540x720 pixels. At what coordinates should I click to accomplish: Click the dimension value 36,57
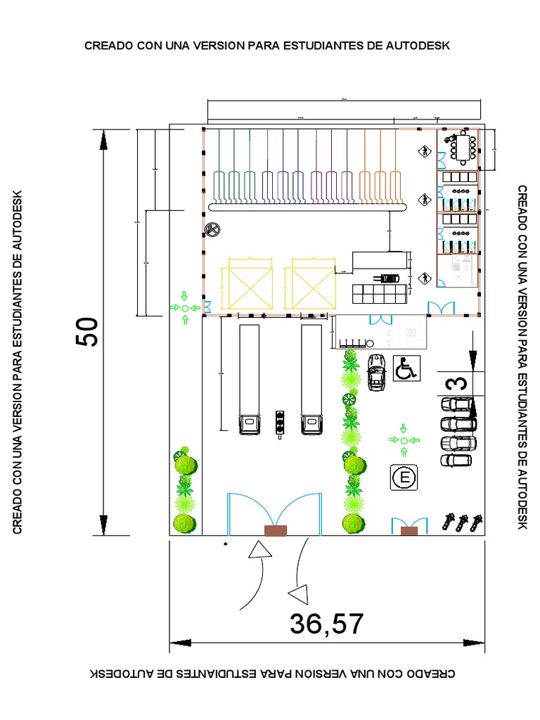click(326, 624)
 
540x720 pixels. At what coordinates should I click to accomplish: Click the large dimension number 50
click(89, 331)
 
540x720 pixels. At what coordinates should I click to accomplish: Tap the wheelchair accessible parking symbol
click(406, 368)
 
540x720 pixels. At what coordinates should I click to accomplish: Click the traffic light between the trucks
click(281, 423)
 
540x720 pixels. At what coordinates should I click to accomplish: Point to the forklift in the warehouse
click(389, 278)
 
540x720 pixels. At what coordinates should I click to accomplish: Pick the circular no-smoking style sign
click(212, 229)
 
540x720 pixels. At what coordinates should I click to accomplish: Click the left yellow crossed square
click(246, 284)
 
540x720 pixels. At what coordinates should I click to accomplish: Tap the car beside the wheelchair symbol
click(376, 372)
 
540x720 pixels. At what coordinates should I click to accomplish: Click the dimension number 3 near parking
click(457, 384)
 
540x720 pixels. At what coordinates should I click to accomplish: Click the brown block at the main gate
click(275, 531)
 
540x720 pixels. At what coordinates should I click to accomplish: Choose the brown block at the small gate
click(409, 531)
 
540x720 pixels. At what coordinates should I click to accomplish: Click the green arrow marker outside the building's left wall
click(185, 308)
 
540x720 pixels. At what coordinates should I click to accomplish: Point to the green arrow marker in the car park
click(404, 439)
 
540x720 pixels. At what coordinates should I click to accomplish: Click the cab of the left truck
click(250, 424)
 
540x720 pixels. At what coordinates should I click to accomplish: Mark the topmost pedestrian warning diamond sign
click(424, 151)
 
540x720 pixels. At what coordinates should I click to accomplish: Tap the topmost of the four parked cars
click(458, 405)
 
